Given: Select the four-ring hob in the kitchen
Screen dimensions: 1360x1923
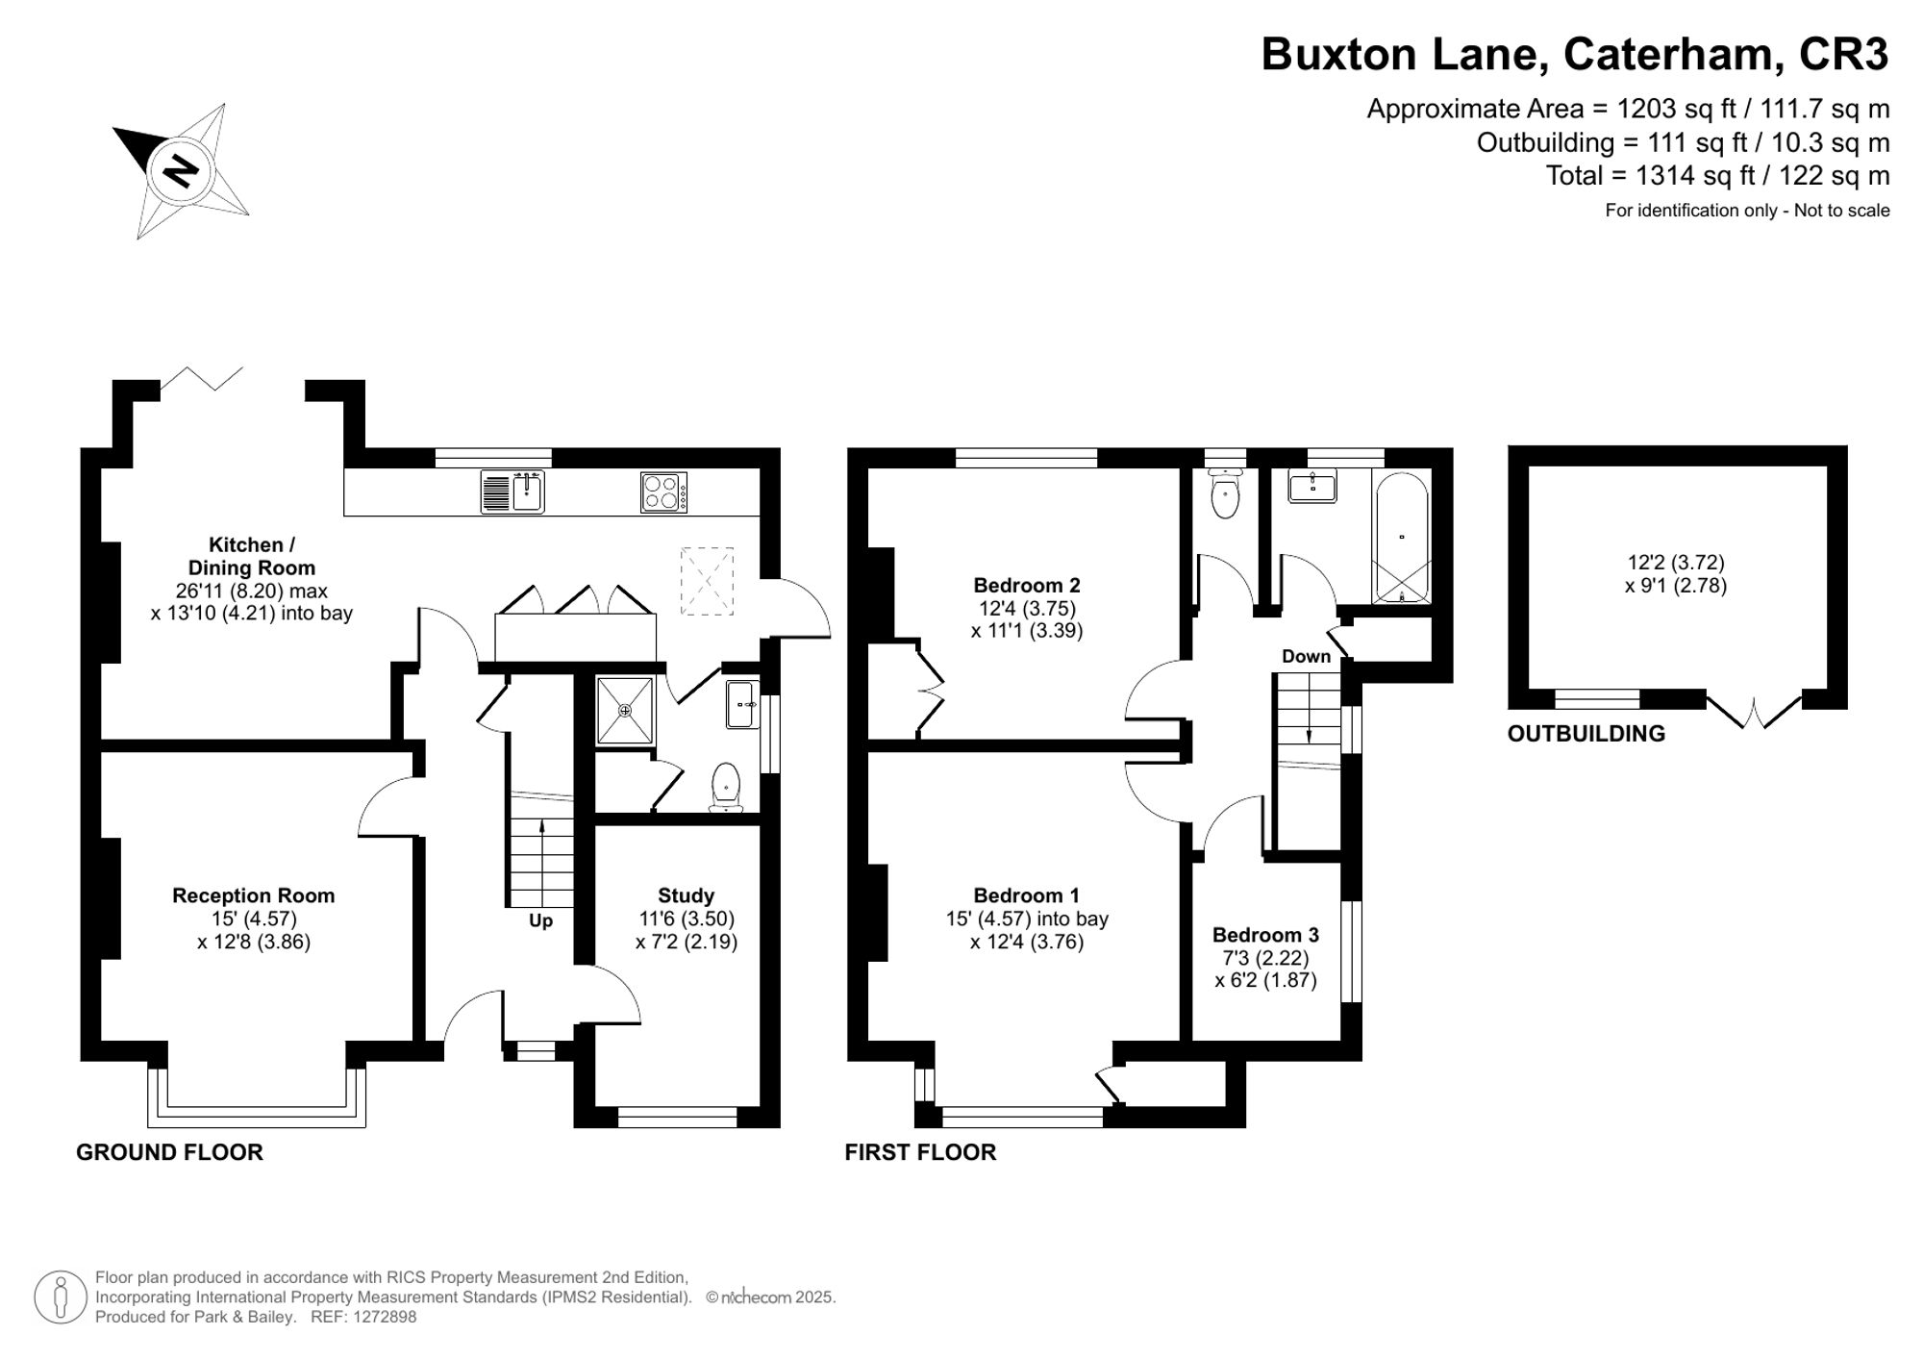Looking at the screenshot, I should [x=663, y=492].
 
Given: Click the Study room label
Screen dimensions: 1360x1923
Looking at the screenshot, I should [x=686, y=895].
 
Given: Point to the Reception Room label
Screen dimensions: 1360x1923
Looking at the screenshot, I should [x=253, y=895].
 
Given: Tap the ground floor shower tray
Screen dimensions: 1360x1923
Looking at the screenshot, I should [x=625, y=711].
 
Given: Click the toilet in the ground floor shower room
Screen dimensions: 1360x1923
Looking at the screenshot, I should [x=726, y=787].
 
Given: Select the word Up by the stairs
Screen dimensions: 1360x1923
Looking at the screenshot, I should [x=540, y=921].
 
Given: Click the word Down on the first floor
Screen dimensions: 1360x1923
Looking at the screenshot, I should [x=1306, y=657].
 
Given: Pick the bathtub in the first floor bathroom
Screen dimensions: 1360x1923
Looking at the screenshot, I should [x=1401, y=537].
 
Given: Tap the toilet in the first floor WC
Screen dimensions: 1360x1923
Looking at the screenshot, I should [x=1225, y=495].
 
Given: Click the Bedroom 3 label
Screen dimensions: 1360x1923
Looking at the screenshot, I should [x=1265, y=935].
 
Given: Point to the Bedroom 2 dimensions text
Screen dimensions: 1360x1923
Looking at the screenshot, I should [x=1027, y=620].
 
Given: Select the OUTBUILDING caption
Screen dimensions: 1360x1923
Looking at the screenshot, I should [x=1586, y=734].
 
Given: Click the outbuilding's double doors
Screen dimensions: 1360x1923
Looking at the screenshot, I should [x=1754, y=712].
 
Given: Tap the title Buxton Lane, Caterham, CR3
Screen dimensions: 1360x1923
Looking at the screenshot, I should [x=1574, y=55].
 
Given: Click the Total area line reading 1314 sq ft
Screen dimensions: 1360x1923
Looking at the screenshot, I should [x=1717, y=176].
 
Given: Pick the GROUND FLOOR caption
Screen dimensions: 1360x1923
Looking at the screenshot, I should [x=169, y=1152].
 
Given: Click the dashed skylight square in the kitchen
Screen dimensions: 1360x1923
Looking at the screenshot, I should [x=707, y=581].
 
